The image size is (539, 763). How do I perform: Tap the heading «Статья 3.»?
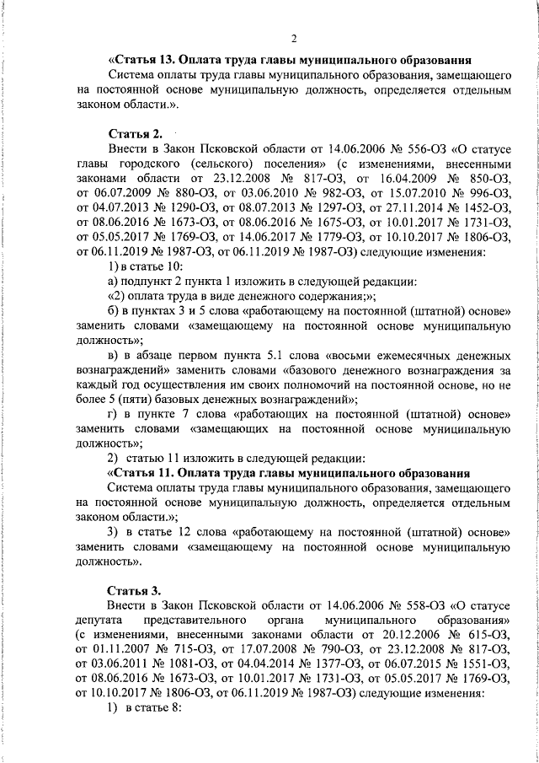click(135, 588)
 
